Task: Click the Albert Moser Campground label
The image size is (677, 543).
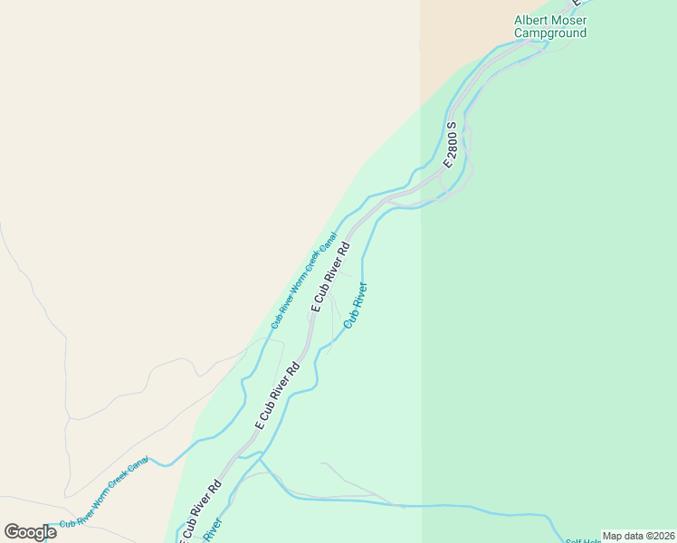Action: pyautogui.click(x=550, y=26)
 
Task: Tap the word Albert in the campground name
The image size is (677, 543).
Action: pyautogui.click(x=532, y=20)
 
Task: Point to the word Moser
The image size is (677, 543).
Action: pyautogui.click(x=569, y=20)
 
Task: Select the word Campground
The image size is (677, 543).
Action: pyautogui.click(x=550, y=33)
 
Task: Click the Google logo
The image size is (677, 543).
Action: pyautogui.click(x=30, y=531)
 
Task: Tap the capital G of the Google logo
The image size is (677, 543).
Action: pyautogui.click(x=13, y=531)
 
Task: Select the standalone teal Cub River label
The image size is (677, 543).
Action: pyautogui.click(x=356, y=306)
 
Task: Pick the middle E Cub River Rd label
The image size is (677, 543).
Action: pyautogui.click(x=277, y=395)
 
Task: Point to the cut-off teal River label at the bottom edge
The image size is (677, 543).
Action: pyautogui.click(x=212, y=530)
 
